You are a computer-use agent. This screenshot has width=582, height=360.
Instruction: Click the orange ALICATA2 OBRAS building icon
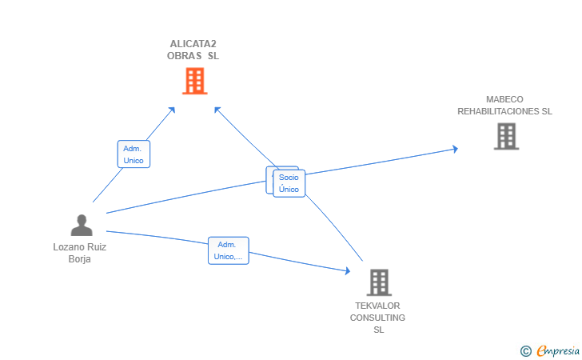194,81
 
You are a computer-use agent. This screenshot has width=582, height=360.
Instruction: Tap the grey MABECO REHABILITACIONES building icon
506,136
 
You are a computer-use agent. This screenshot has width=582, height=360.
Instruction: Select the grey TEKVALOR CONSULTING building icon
378,282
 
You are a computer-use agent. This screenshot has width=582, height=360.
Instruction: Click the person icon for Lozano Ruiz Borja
81,225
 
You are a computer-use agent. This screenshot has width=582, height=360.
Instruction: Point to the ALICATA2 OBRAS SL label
193,50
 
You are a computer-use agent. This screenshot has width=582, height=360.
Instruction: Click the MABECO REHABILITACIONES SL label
504,106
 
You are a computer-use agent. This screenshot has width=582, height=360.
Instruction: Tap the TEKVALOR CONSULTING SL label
377,318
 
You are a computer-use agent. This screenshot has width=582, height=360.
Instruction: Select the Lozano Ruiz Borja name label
80,253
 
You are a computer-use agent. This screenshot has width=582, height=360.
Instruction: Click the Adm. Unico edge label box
134,154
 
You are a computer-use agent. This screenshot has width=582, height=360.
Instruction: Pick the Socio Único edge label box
289,183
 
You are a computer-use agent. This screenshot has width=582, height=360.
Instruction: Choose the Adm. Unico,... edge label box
228,250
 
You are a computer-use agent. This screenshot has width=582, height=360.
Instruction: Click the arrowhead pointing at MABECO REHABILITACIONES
454,149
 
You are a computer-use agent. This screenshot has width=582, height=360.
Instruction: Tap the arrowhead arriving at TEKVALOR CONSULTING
347,271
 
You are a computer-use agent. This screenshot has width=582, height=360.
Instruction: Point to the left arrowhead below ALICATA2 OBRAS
172,110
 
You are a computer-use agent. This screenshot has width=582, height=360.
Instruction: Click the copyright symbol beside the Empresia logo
525,350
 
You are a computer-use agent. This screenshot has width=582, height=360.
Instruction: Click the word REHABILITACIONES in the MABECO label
504,111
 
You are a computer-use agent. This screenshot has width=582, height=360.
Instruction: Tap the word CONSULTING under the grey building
377,318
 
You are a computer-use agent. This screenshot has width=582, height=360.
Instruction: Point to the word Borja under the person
80,258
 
